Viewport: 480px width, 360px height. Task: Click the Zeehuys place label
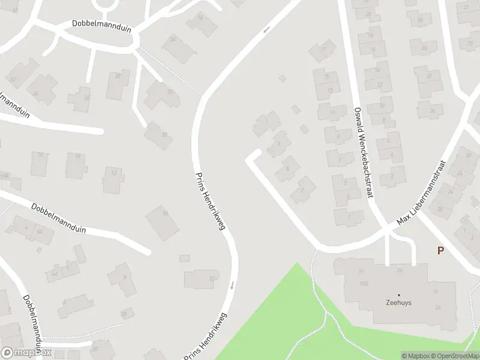(398, 303)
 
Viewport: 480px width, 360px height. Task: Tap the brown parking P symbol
(440, 251)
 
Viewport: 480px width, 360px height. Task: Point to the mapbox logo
(26, 353)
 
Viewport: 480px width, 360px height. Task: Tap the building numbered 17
(323, 50)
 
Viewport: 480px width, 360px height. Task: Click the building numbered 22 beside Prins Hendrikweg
(211, 278)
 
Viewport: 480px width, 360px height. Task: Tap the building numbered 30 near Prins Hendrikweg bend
(170, 92)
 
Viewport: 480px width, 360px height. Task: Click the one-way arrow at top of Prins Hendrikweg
(266, 29)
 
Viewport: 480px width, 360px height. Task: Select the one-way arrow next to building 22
(231, 285)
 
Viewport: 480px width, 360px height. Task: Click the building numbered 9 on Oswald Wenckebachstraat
(338, 137)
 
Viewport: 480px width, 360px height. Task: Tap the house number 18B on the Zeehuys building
(363, 283)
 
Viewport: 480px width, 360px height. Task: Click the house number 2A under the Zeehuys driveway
(399, 270)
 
